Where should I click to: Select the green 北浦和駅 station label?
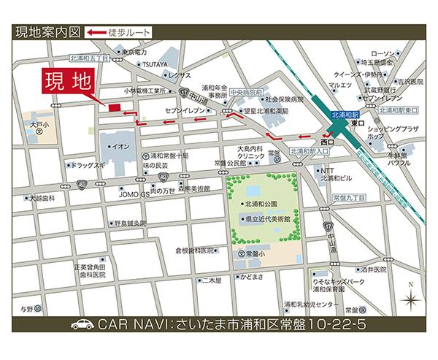pyautogui.click(x=345, y=115)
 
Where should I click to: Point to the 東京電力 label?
pyautogui.click(x=135, y=53)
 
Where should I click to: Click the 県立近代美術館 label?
pyautogui.click(x=268, y=218)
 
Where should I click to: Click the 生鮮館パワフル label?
pyautogui.click(x=397, y=159)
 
